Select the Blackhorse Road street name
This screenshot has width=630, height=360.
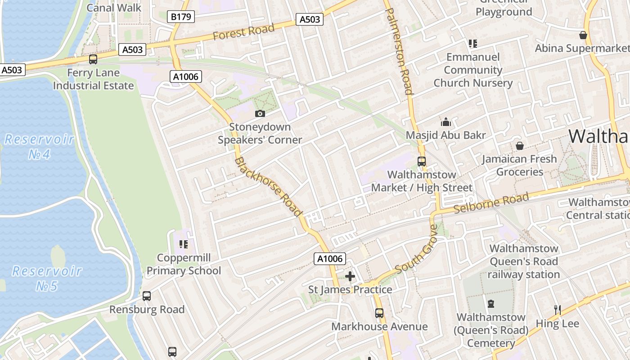pos(268,186)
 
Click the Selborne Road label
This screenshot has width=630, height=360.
pos(491,203)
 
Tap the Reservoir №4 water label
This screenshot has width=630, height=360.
pos(39,147)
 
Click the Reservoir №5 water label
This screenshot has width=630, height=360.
pos(47,278)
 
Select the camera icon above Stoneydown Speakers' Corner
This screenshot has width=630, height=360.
pos(260,113)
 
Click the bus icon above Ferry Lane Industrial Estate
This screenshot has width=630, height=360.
pos(93,59)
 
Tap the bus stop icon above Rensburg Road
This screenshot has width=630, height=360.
pos(147,296)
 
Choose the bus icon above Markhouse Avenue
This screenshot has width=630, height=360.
pos(379,313)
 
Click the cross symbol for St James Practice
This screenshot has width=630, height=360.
pos(350,276)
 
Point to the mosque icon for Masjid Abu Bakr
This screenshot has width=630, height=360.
pos(446,122)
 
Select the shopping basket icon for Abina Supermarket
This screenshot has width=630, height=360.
pos(583,35)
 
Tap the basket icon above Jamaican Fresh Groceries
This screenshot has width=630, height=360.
pos(520,146)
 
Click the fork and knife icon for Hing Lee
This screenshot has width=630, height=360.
pos(557,310)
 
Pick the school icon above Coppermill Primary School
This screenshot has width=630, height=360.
pos(183,244)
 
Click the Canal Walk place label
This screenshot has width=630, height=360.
pos(114,8)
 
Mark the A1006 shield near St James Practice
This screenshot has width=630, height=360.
pos(330,259)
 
